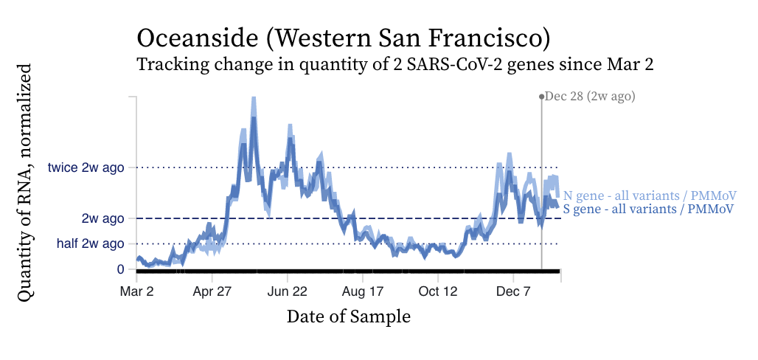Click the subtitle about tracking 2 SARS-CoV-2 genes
[x=395, y=65]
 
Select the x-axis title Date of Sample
[x=349, y=316]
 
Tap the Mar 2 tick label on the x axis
[x=136, y=291]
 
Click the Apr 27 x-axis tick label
[x=212, y=291]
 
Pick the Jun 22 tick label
[x=288, y=291]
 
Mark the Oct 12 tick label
[x=439, y=291]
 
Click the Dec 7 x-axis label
[x=514, y=291]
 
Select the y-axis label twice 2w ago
[x=86, y=167]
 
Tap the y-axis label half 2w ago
[x=91, y=243]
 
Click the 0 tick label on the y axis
[x=120, y=269]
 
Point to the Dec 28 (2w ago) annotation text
[x=590, y=96]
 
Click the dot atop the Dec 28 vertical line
[x=542, y=96]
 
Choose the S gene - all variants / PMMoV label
[x=649, y=210]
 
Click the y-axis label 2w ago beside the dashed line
[x=102, y=218]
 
